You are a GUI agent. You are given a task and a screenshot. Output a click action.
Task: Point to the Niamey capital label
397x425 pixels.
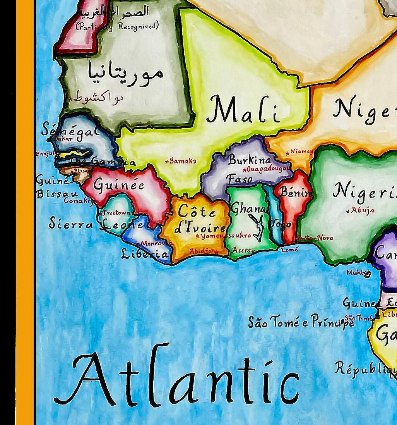(x=301, y=151)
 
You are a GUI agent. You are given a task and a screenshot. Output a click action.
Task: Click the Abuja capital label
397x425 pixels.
(x=362, y=210)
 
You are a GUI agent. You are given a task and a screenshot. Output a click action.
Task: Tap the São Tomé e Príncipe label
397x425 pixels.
(x=301, y=322)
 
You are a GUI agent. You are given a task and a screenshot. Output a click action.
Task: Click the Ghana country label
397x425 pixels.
(x=248, y=209)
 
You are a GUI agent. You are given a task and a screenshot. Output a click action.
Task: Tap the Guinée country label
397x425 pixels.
(x=119, y=185)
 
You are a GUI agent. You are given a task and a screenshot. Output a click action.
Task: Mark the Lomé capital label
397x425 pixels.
(x=290, y=250)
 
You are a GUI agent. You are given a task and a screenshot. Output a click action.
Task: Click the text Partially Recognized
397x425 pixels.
(x=117, y=26)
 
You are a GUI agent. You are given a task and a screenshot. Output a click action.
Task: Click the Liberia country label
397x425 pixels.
(x=145, y=254)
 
